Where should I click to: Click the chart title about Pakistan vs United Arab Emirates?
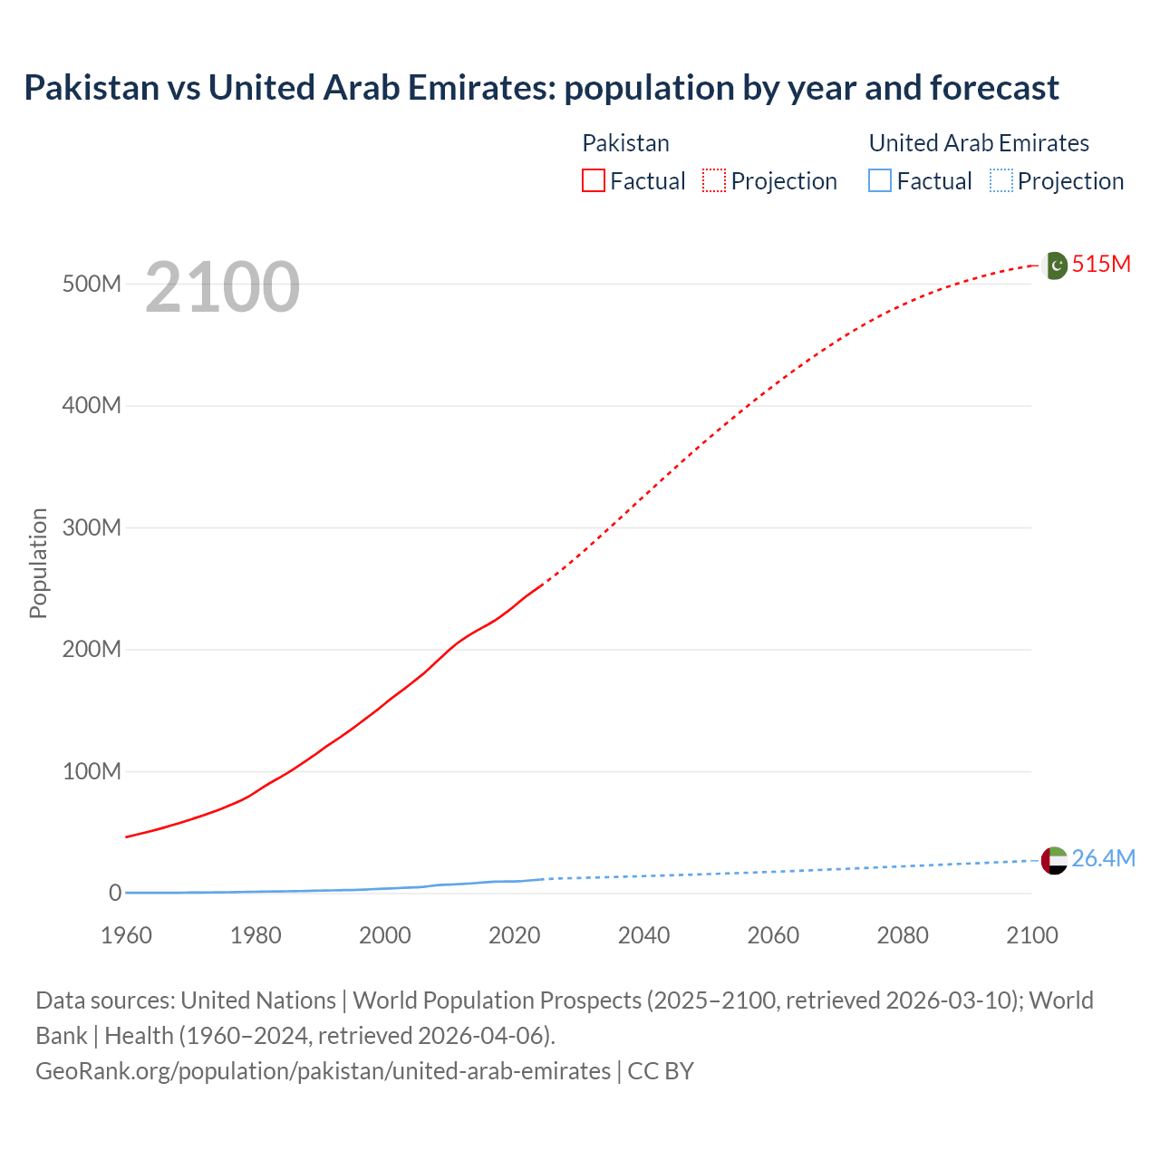541,88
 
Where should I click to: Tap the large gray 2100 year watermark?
222,287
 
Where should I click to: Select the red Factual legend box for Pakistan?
594,180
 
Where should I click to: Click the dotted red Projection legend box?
714,180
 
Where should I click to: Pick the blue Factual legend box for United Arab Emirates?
880,180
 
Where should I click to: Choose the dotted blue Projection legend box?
1000,180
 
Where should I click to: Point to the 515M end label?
1101,264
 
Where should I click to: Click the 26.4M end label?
1103,858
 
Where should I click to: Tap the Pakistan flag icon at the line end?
1055,266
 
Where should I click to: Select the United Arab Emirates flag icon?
1054,860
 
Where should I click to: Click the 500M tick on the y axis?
92,284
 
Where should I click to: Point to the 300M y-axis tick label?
92,527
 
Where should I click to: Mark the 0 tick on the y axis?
115,893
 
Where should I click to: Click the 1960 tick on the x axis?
126,935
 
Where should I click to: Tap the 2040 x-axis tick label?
643,935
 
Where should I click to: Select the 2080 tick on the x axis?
903,935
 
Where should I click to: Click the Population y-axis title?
38,563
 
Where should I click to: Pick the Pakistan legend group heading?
625,143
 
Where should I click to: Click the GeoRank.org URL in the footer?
323,1071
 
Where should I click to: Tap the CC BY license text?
661,1071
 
